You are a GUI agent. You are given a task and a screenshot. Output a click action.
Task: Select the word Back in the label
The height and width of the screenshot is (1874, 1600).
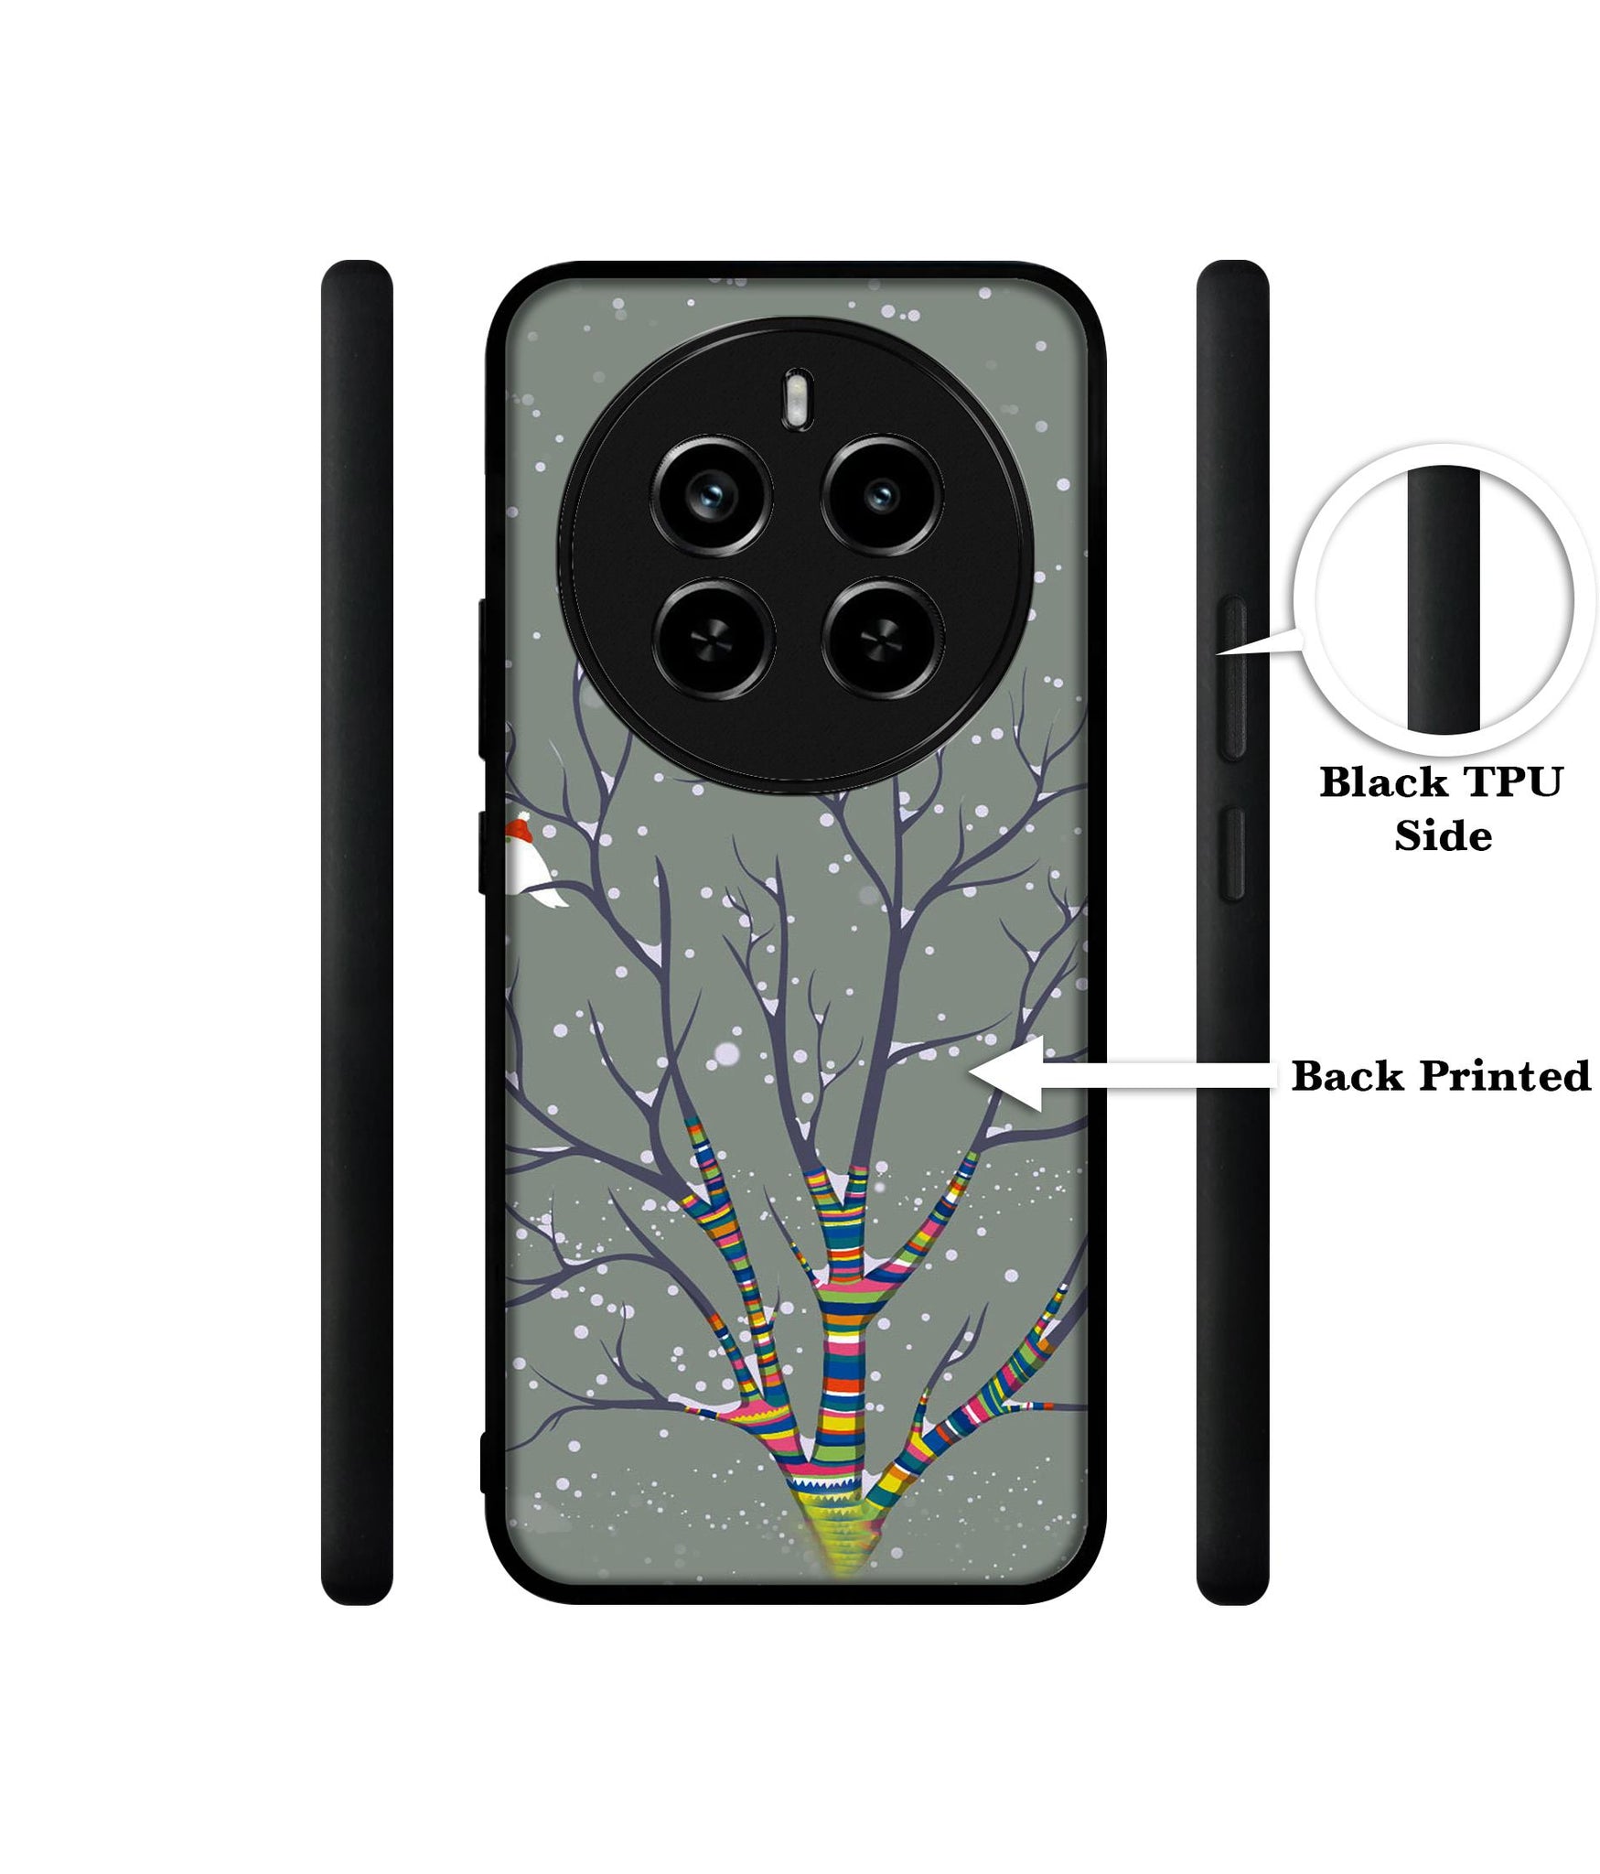pos(1348,1076)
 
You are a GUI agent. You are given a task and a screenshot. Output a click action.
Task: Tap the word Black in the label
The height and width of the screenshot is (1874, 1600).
pos(1383,783)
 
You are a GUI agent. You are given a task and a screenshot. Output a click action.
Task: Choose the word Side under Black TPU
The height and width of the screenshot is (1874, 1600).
pos(1443,835)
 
